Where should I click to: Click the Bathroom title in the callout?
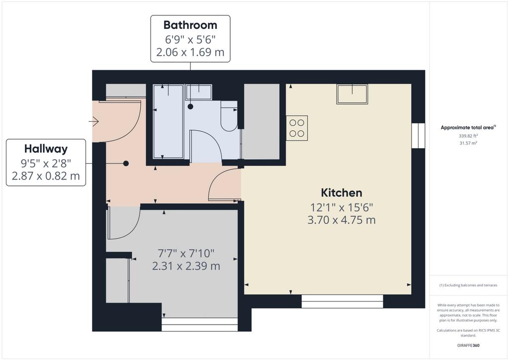pos(190,25)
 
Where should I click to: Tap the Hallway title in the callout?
pos(46,149)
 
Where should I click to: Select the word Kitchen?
pos(341,193)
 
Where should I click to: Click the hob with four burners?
pos(297,128)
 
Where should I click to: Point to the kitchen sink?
pos(352,94)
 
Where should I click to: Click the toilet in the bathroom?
pos(229,116)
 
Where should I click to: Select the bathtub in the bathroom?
pos(168,121)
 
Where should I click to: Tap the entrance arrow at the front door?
pos(94,122)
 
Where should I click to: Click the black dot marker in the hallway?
pos(126,164)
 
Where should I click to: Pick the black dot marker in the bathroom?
pos(190,106)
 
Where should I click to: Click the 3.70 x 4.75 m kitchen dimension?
pos(341,220)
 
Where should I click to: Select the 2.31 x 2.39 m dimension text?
pos(186,266)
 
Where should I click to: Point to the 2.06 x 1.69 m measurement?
pos(190,52)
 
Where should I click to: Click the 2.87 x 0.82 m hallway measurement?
pos(46,176)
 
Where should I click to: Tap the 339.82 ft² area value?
pos(468,136)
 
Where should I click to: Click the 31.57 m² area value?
pos(468,143)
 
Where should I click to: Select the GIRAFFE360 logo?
pos(468,346)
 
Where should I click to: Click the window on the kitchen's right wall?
pos(418,136)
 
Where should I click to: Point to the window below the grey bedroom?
pos(200,324)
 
